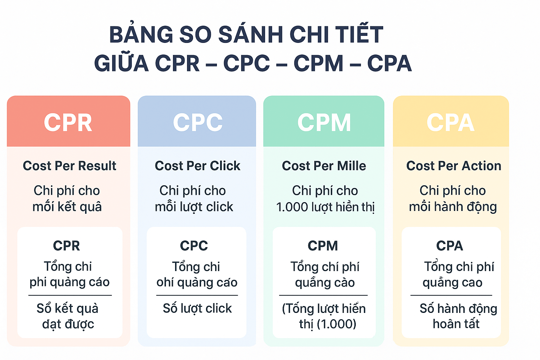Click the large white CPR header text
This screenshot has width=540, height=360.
click(68, 123)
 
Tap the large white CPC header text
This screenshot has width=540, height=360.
click(198, 123)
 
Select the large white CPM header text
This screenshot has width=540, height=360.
click(324, 123)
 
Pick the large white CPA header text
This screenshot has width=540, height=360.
click(450, 123)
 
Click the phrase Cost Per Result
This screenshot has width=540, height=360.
click(70, 166)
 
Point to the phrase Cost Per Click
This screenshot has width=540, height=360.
click(198, 166)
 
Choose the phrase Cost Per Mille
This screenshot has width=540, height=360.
click(324, 166)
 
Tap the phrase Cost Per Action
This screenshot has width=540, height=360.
click(454, 166)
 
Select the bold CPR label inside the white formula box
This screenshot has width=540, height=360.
click(66, 246)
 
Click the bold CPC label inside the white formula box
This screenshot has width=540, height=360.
click(194, 246)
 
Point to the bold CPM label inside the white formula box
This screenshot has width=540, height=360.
click(323, 246)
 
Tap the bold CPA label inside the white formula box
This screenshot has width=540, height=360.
click(450, 246)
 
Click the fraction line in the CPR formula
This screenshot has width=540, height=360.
click(70, 295)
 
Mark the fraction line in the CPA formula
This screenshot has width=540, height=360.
click(451, 295)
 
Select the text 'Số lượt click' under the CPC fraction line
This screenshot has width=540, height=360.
click(197, 308)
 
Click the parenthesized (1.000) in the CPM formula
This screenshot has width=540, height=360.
click(336, 324)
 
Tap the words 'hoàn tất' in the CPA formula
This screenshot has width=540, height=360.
click(456, 324)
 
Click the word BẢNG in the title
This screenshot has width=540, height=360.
click(141, 34)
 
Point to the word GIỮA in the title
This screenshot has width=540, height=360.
click(121, 63)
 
